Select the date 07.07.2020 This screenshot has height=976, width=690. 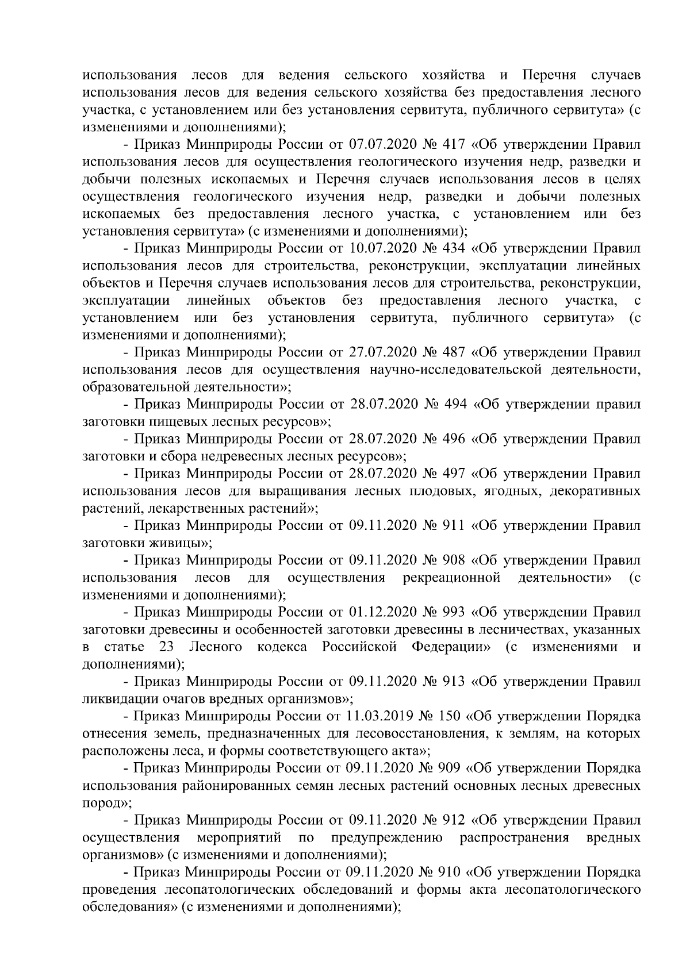tap(383, 144)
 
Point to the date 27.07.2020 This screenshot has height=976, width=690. tap(383, 352)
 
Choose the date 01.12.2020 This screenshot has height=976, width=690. tap(383, 612)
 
